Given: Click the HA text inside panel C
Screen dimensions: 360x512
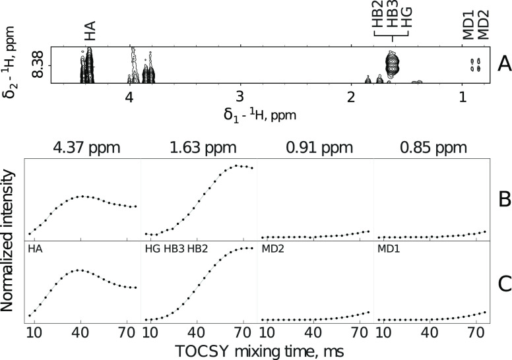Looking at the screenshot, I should [x=34, y=249].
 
